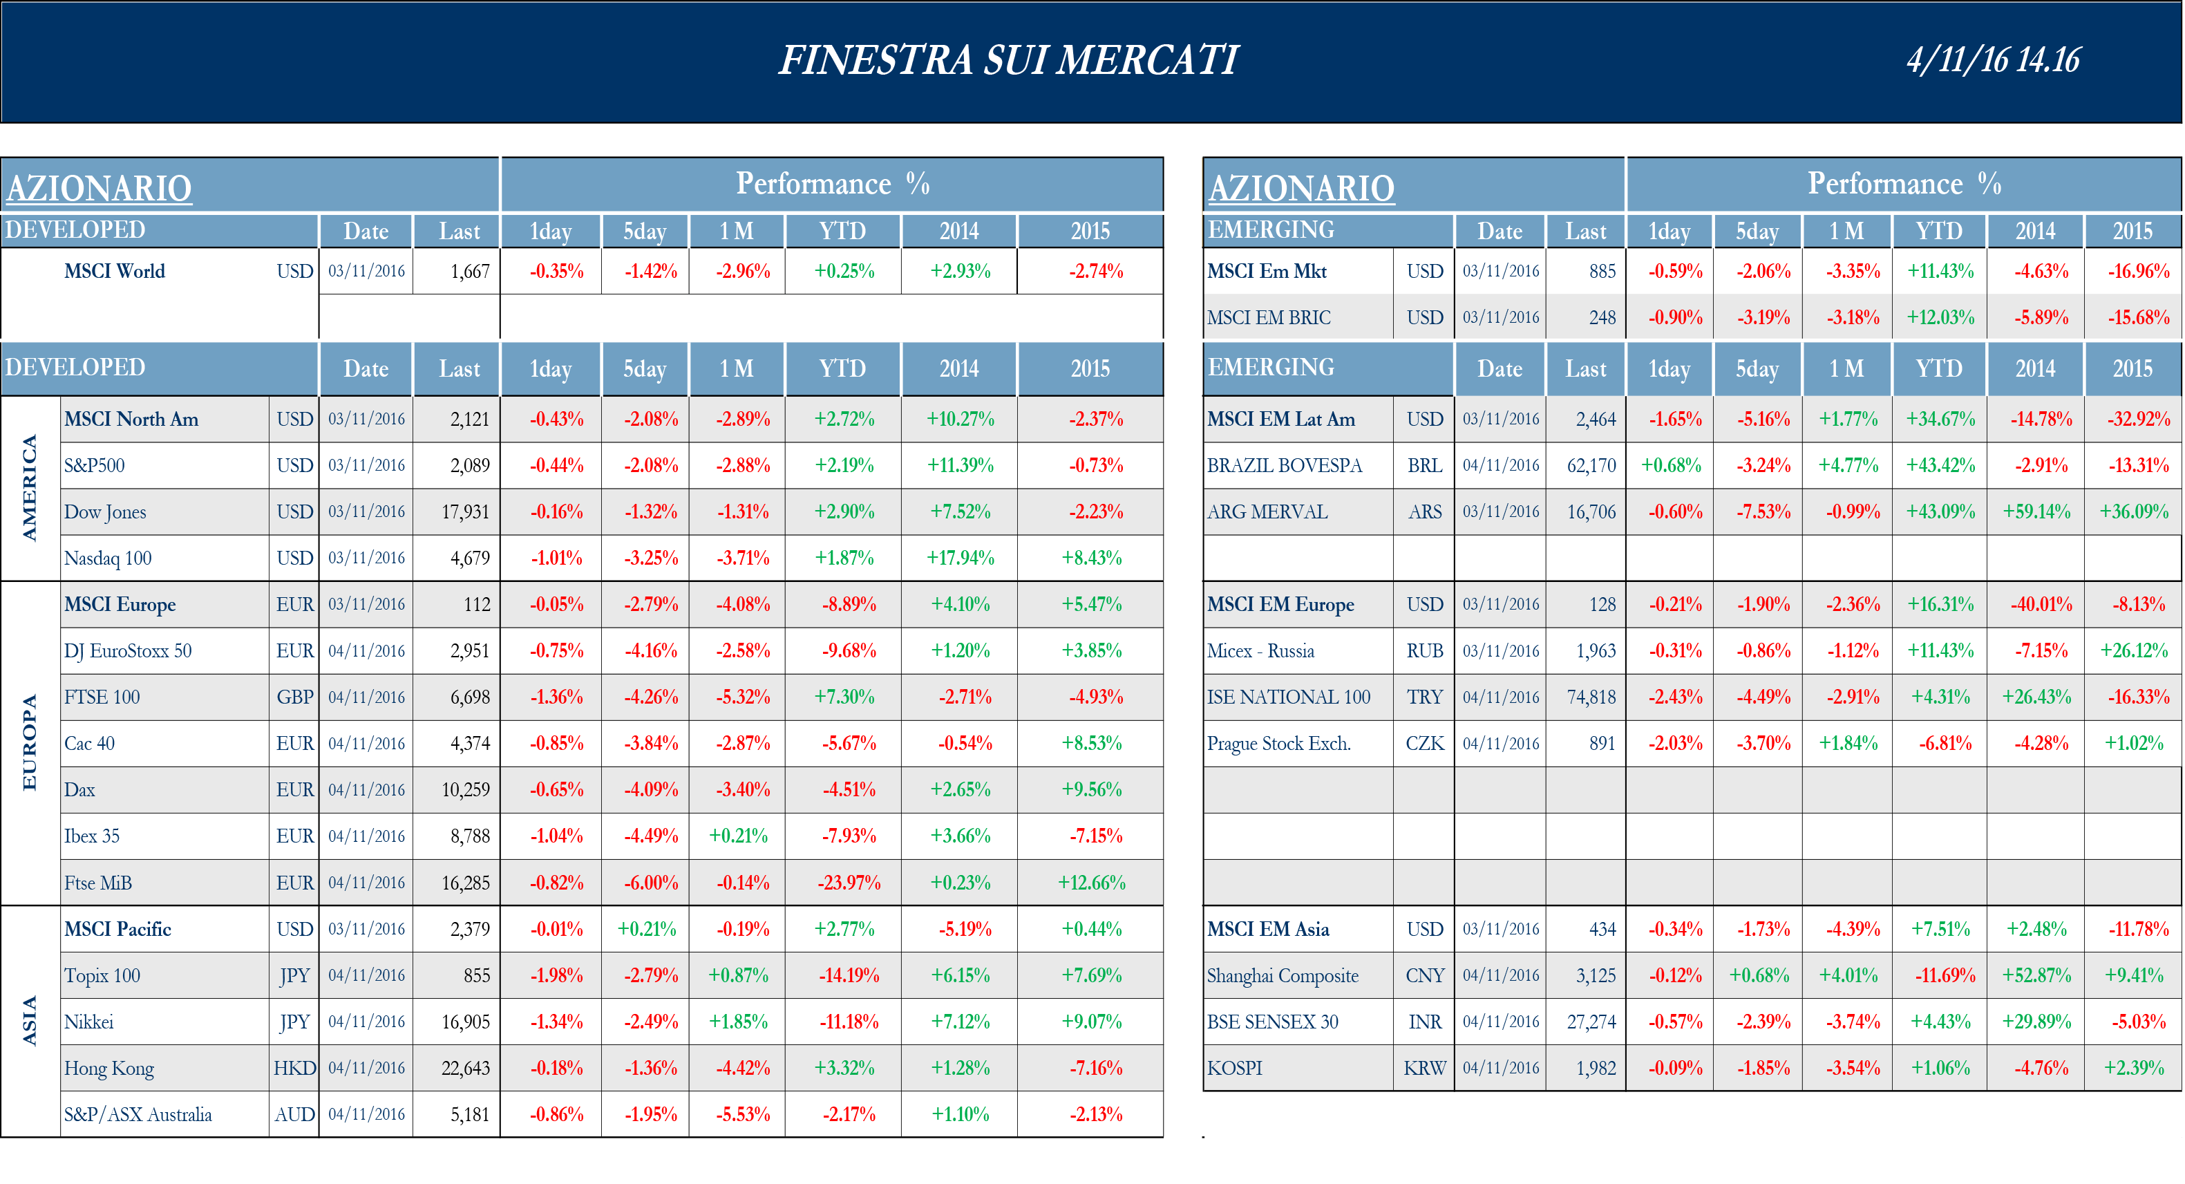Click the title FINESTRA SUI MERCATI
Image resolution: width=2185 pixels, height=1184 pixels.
[1008, 60]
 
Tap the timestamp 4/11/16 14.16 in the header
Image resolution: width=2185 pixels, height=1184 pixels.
[1994, 60]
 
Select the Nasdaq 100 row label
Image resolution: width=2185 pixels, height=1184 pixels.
[108, 558]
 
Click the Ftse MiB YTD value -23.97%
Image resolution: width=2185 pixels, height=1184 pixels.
[848, 883]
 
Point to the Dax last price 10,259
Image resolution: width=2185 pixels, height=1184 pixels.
[465, 789]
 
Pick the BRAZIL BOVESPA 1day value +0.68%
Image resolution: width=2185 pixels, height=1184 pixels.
[1671, 466]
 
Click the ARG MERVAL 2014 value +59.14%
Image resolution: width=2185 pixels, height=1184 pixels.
[2036, 511]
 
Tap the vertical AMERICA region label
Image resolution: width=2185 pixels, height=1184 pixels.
[30, 488]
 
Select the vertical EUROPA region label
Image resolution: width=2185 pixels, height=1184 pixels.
[30, 742]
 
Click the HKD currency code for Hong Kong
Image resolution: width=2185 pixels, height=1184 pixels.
[294, 1068]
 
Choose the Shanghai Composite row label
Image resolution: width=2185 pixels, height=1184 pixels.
[1283, 975]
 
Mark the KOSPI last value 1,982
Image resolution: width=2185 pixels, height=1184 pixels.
[1596, 1068]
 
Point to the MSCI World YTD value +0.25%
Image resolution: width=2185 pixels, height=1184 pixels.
[844, 272]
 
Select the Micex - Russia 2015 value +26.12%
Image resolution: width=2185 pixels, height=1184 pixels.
[2133, 650]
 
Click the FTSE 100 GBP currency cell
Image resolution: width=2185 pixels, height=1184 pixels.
[294, 697]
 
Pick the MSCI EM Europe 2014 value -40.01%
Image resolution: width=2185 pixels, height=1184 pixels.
[2041, 605]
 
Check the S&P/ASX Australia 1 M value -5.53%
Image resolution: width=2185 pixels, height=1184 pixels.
[743, 1114]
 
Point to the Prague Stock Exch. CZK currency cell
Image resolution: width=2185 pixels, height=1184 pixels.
[1424, 744]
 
